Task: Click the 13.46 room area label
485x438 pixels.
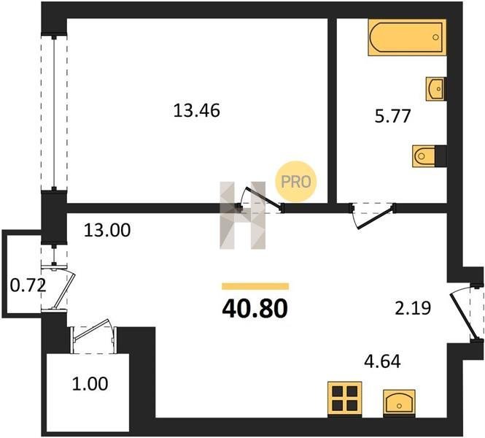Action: (197, 110)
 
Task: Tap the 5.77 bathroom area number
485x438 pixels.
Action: (392, 116)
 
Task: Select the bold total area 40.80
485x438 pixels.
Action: (255, 310)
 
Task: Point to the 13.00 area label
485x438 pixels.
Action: (107, 230)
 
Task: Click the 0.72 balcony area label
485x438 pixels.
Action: (28, 285)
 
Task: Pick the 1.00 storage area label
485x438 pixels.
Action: (90, 383)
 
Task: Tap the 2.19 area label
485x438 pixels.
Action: (413, 308)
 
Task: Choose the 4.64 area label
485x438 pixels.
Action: (383, 361)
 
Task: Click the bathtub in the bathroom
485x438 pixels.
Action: (407, 37)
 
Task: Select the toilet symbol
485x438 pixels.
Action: (424, 156)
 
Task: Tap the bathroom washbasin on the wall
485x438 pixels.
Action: (435, 89)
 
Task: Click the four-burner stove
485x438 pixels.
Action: (344, 399)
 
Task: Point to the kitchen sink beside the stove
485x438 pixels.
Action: (399, 402)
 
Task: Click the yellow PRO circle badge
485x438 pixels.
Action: (295, 182)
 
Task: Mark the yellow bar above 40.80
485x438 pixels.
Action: (255, 286)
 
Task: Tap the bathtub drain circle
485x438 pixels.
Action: (435, 37)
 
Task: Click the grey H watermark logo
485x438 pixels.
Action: (242, 215)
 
